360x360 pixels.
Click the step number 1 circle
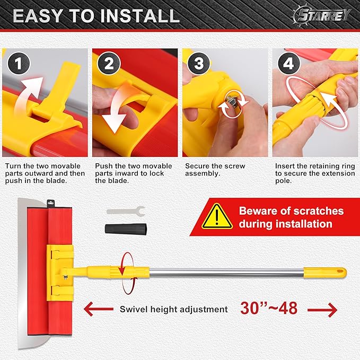tap(19, 65)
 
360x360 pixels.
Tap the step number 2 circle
tap(109, 65)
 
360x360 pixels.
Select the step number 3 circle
tap(199, 65)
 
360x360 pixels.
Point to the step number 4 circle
tap(288, 65)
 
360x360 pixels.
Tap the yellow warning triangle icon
tap(217, 217)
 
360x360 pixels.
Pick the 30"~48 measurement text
tap(269, 309)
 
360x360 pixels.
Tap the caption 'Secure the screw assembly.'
tap(215, 170)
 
